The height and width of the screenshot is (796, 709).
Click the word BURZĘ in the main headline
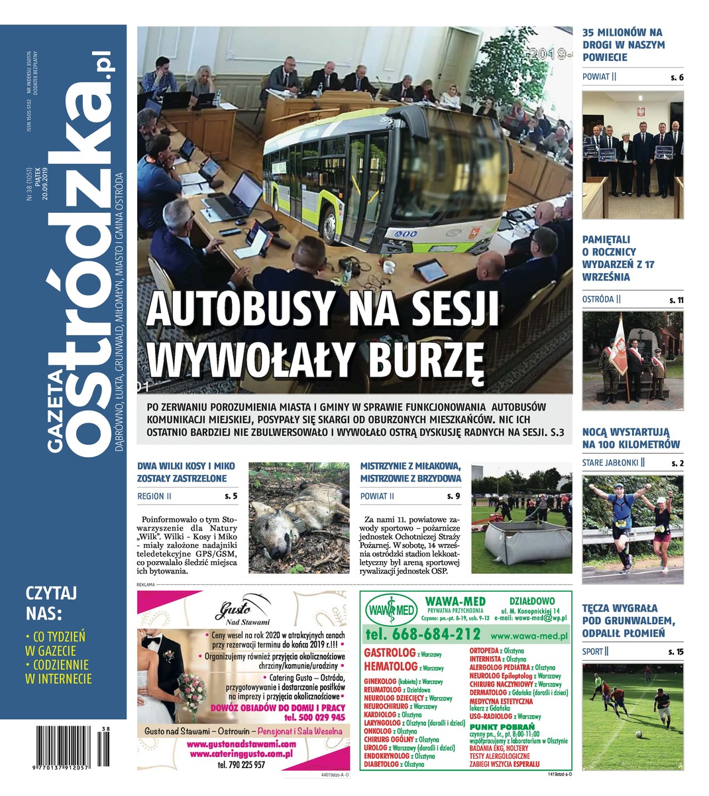coord(423,360)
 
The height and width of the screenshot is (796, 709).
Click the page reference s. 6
coord(676,78)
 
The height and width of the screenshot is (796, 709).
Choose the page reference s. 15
coord(675,652)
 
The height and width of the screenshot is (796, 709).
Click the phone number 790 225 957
coord(241,765)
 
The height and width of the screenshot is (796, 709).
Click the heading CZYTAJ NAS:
coord(52,600)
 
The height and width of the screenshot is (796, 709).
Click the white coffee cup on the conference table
coord(389,267)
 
